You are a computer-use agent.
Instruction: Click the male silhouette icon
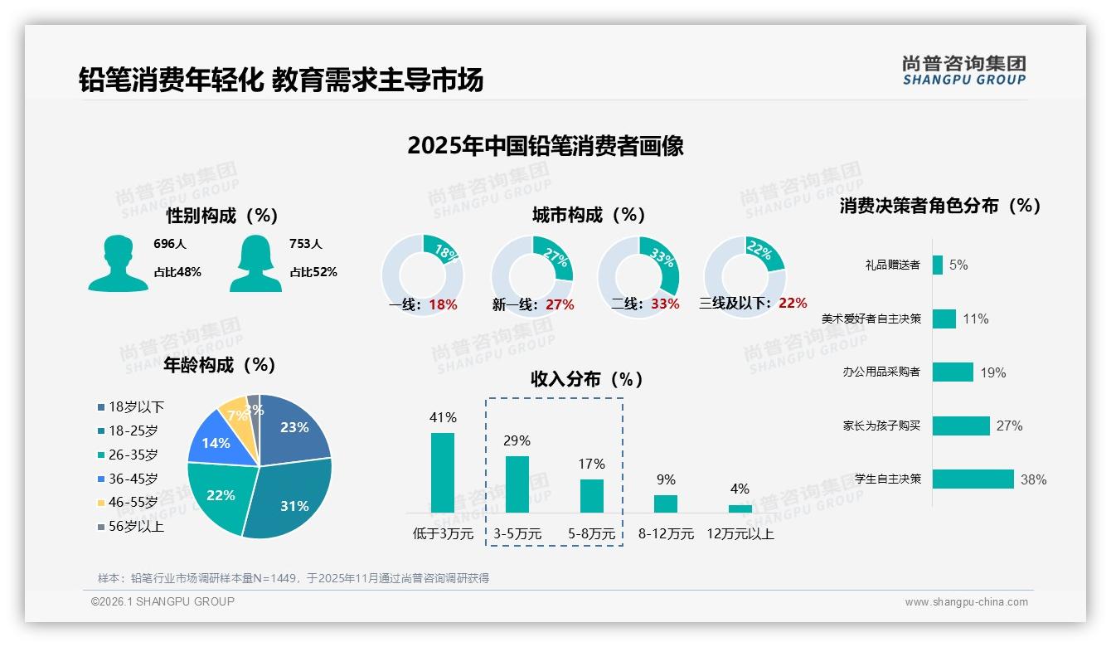coord(118,263)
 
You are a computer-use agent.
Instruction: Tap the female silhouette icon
coord(255,263)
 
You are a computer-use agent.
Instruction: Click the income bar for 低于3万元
coord(443,472)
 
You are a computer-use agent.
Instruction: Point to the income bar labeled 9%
coord(666,503)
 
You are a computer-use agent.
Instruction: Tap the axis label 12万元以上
coord(740,534)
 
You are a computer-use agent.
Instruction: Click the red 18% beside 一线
coord(444,304)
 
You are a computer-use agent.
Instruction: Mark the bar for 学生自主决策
coord(973,479)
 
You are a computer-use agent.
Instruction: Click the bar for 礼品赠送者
coord(938,265)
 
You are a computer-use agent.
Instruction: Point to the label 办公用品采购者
coord(881,372)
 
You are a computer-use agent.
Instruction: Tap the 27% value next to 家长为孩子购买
coord(1009,426)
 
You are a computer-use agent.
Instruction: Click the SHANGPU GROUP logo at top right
coord(963,71)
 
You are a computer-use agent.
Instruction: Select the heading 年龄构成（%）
coord(220,365)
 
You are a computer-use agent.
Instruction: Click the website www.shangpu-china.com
coord(966,602)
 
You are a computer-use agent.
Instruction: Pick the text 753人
coord(306,244)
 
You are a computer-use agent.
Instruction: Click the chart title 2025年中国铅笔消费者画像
coord(546,146)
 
